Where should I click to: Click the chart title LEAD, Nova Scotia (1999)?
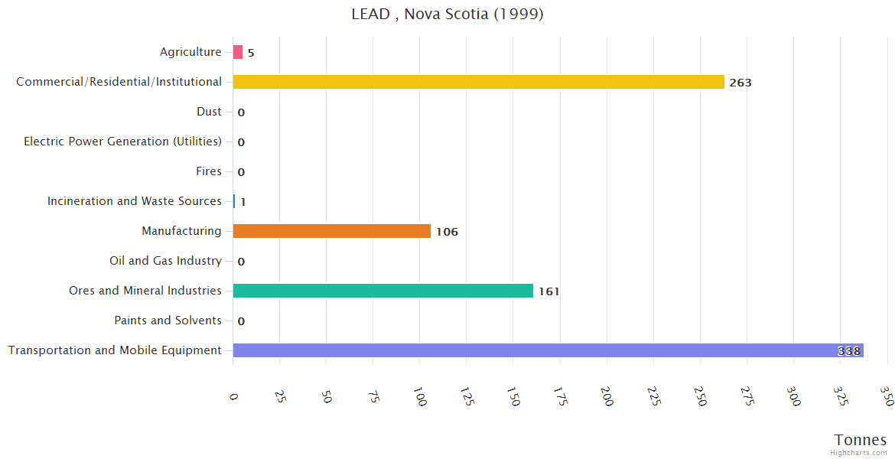click(447, 14)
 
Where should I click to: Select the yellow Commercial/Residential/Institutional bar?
click(478, 82)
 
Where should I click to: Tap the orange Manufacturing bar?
click(331, 231)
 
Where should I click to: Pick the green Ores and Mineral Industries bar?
click(382, 291)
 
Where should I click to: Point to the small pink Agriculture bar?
click(238, 52)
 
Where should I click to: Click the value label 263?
click(740, 83)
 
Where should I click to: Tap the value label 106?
click(447, 232)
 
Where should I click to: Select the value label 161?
click(548, 291)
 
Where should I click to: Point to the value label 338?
click(848, 351)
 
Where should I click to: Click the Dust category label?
click(209, 112)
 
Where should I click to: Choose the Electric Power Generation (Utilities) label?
click(122, 142)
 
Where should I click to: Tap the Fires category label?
click(209, 171)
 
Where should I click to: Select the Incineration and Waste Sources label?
click(134, 201)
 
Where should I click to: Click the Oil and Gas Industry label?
click(165, 261)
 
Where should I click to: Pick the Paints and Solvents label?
click(168, 321)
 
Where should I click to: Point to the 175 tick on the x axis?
click(561, 396)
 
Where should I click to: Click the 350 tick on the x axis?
click(887, 396)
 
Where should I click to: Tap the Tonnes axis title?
click(860, 440)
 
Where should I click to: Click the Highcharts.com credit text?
click(859, 453)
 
